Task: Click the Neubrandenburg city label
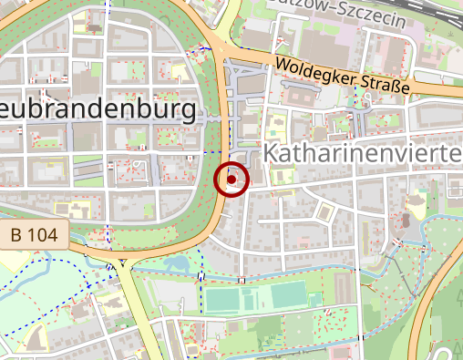[96, 111]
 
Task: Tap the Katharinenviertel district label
[363, 153]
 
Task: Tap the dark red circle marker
[231, 180]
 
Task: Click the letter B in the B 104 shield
[17, 235]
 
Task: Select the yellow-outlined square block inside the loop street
[323, 211]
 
